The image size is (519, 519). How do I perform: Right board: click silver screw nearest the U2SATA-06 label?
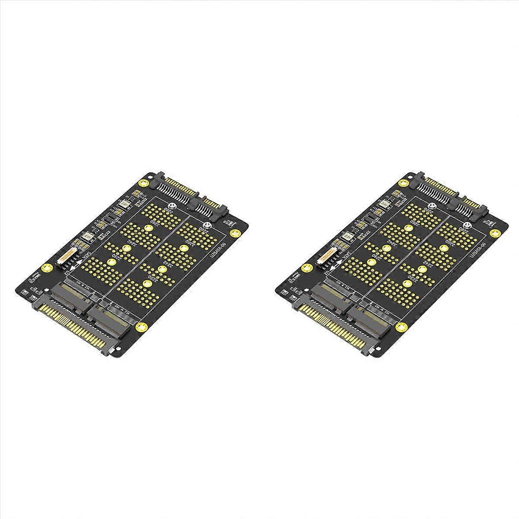466,225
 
